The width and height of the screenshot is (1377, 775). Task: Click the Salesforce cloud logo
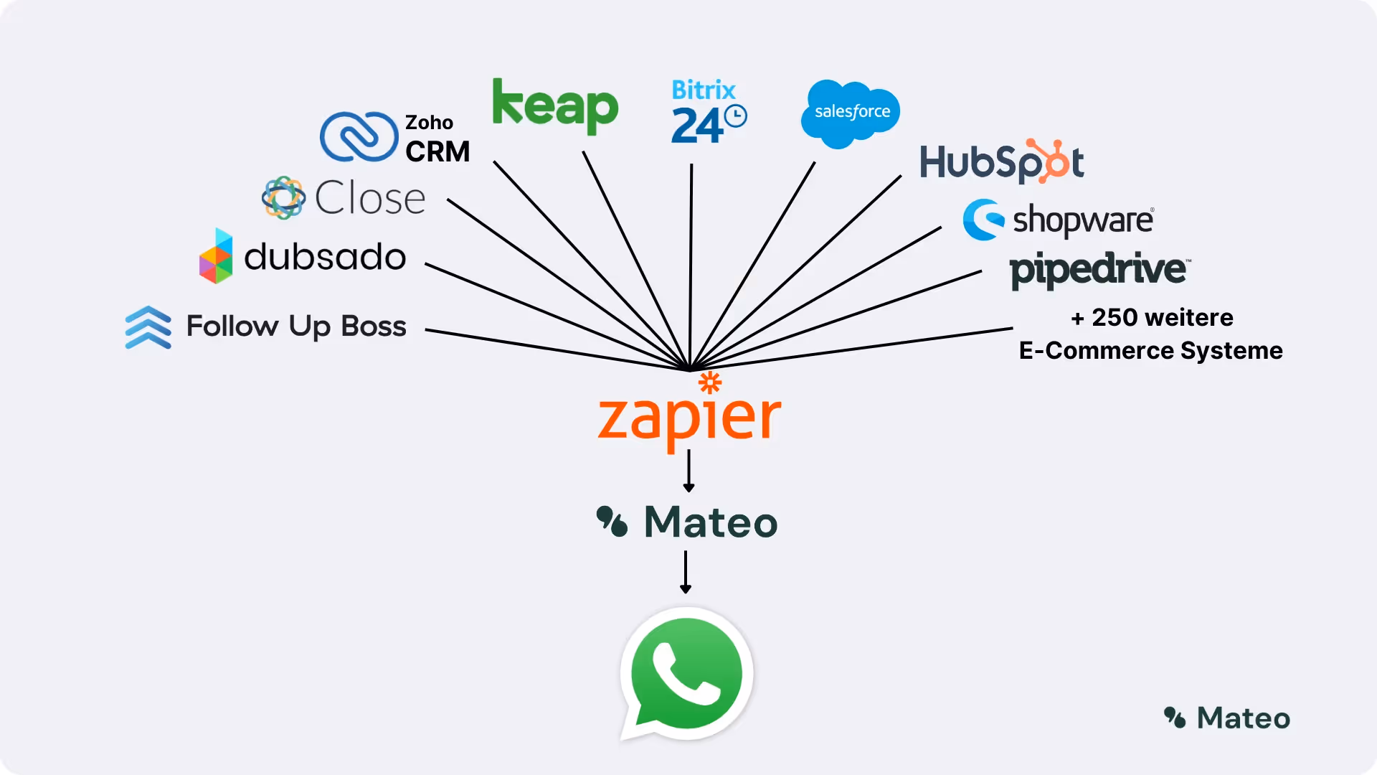851,113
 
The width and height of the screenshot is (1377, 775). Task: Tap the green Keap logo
554,106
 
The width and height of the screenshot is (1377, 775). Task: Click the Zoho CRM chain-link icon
359,136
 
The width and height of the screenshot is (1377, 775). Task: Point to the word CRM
437,152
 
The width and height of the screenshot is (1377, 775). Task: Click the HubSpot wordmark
1001,161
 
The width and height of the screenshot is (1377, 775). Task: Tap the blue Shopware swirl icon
983,220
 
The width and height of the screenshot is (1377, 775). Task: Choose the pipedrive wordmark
1099,270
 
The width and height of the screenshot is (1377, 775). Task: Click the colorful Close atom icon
283,197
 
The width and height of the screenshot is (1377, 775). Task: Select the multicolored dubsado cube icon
216,256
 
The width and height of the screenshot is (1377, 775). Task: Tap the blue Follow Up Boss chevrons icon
148,327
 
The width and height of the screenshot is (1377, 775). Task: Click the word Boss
373,327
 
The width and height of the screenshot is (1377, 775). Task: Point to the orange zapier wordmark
689,419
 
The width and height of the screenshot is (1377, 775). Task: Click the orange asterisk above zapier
710,382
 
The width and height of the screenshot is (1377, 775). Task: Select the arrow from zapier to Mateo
688,471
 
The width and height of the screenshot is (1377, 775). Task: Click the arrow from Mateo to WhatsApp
686,572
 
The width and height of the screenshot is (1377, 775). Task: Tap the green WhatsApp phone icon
686,674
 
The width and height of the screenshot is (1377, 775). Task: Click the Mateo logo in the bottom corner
1227,718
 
